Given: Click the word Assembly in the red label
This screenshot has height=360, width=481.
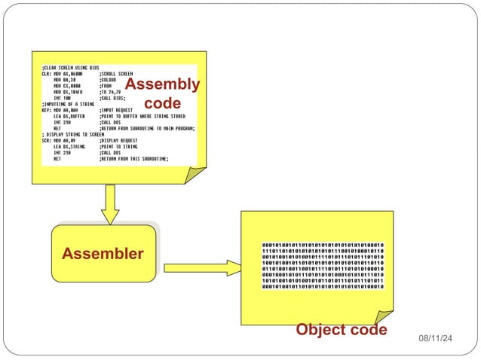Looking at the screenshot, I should click(x=162, y=84).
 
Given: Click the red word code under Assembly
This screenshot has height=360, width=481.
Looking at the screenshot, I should click(x=162, y=102).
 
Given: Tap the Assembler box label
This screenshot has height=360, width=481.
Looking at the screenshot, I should click(x=103, y=254).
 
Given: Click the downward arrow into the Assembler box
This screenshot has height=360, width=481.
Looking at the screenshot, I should click(x=111, y=203).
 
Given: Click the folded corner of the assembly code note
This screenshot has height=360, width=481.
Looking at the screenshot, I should click(x=195, y=175).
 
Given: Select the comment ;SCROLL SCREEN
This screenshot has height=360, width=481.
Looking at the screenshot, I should click(x=116, y=74).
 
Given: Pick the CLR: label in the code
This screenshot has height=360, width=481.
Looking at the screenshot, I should click(x=47, y=74).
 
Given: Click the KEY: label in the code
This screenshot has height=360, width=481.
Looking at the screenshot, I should click(x=47, y=110).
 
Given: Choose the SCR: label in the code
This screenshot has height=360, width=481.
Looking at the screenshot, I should click(x=47, y=141).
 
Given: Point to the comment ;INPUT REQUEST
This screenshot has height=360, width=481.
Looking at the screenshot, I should click(x=117, y=110).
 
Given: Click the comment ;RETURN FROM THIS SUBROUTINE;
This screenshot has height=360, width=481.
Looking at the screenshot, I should click(x=133, y=159).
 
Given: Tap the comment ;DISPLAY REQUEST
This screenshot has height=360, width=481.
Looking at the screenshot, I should click(x=119, y=141).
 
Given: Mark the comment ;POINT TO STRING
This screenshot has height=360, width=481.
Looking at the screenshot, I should click(x=119, y=147).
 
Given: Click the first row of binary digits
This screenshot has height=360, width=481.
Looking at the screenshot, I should click(x=323, y=245).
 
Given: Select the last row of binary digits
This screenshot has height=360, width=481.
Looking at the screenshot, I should click(x=323, y=286).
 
